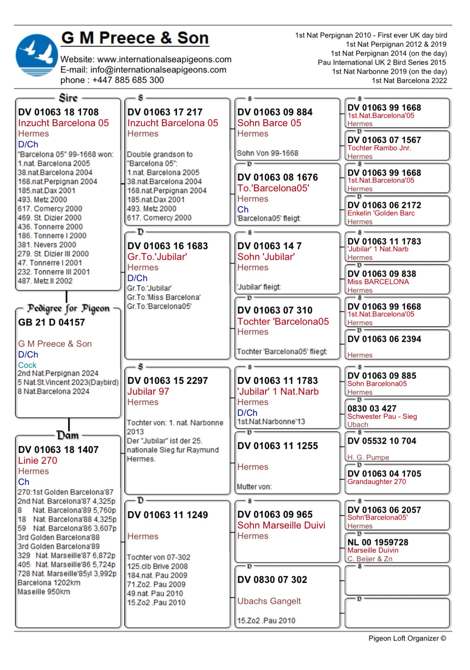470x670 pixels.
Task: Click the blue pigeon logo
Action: [37, 55]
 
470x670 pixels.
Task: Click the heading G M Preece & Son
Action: [135, 38]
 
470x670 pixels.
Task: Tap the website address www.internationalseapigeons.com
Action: [164, 59]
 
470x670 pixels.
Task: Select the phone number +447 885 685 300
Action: [128, 80]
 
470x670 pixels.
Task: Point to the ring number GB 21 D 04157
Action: [51, 322]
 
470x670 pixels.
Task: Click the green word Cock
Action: [27, 365]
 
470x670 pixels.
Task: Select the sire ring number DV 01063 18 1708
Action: [58, 112]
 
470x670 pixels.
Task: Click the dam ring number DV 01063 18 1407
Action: [58, 450]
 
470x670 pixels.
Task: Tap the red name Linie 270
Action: [38, 461]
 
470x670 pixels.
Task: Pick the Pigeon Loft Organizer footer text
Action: [407, 638]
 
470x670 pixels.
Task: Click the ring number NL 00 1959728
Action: [378, 542]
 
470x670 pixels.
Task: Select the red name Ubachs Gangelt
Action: [269, 601]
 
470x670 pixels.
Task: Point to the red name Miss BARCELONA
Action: [378, 282]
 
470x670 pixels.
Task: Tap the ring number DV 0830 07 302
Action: [272, 580]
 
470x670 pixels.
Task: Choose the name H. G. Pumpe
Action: [368, 457]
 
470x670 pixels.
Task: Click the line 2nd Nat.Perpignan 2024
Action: [58, 373]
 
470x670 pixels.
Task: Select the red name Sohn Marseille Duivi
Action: [281, 525]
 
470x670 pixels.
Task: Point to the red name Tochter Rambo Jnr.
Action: [379, 148]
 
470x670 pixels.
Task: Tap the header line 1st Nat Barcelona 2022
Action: [409, 81]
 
